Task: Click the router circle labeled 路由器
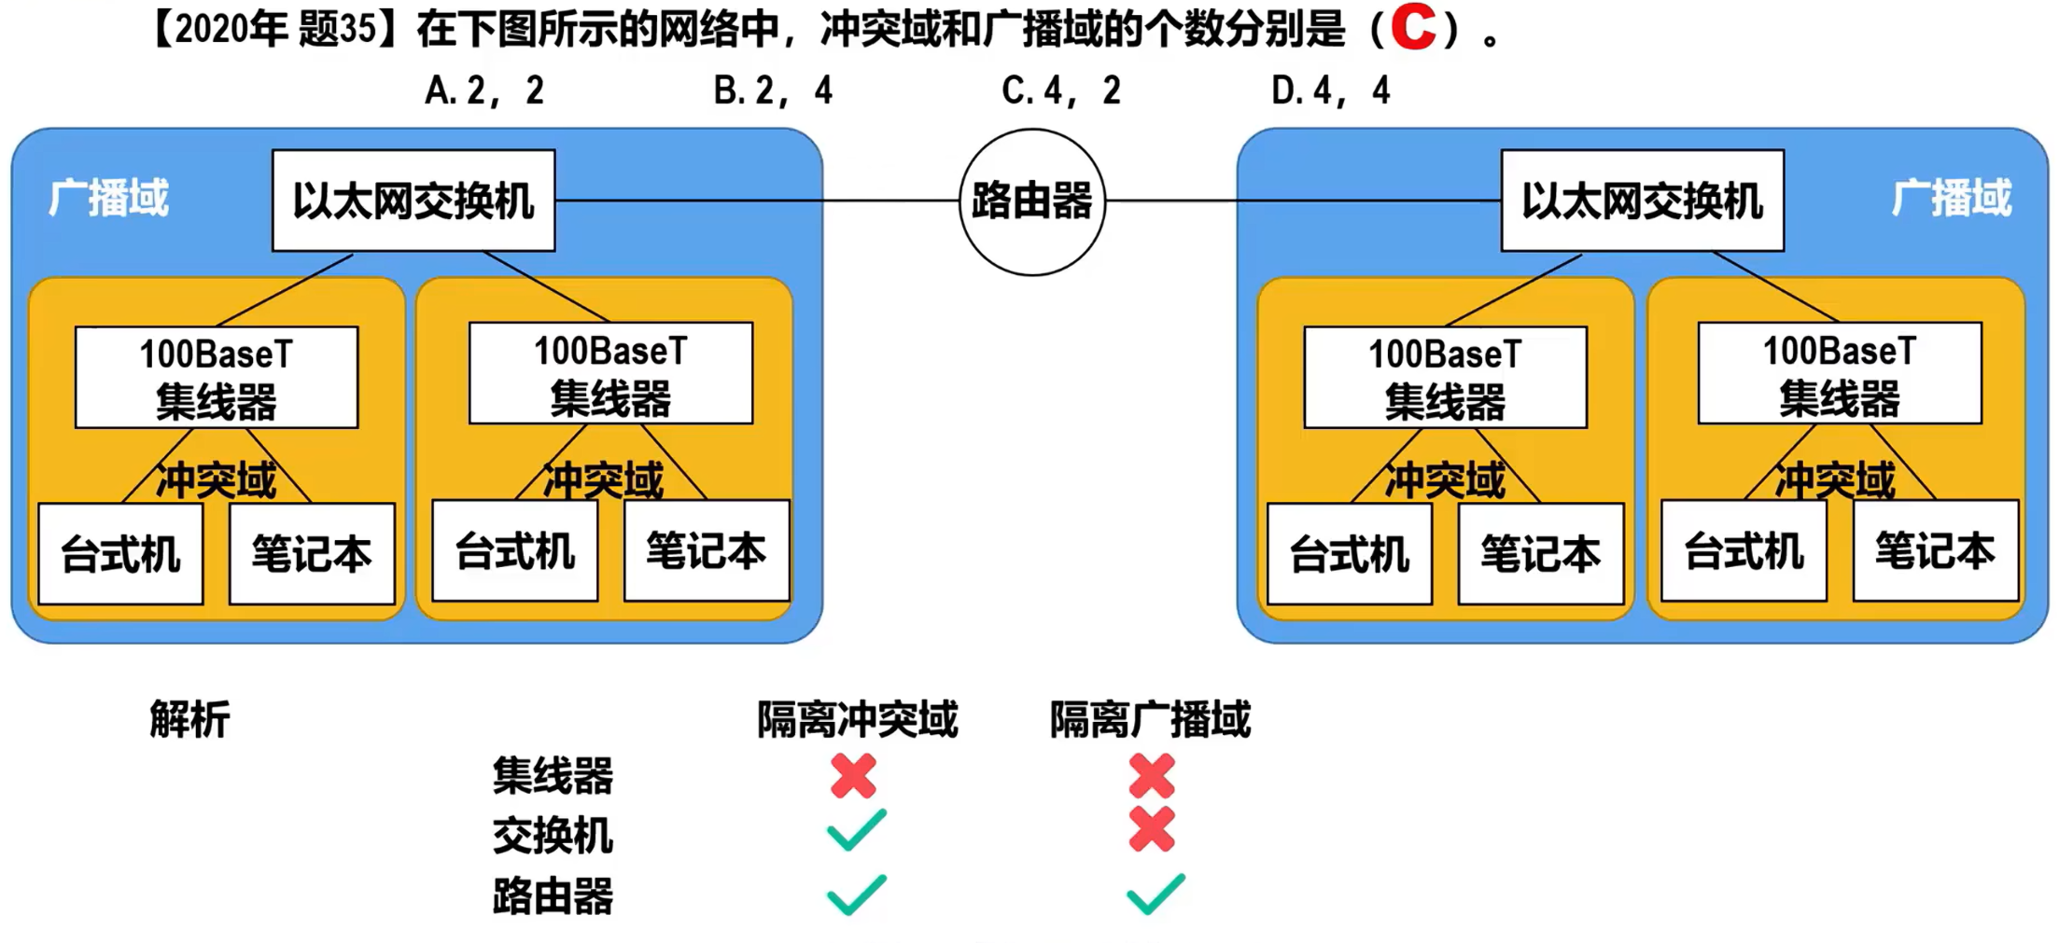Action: (x=1032, y=201)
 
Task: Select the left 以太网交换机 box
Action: (x=413, y=201)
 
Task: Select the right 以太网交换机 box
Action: (x=1642, y=201)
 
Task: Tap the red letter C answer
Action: (x=1413, y=28)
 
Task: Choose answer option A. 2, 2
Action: (x=484, y=90)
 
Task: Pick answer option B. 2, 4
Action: (x=773, y=90)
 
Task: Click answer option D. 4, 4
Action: (x=1331, y=90)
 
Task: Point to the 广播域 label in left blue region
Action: (x=109, y=198)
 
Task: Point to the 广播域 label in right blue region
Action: (x=1952, y=198)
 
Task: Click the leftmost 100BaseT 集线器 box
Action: (x=217, y=377)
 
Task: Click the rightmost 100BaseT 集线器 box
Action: (x=1839, y=373)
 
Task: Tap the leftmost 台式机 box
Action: (x=120, y=554)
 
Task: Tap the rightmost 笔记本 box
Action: (x=1935, y=551)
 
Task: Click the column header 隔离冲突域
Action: (x=857, y=719)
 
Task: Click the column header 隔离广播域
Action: (x=1150, y=719)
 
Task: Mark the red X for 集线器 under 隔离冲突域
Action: (x=853, y=776)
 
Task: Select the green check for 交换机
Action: (x=856, y=830)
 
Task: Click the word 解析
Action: (x=189, y=719)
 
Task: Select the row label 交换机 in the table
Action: (x=553, y=835)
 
